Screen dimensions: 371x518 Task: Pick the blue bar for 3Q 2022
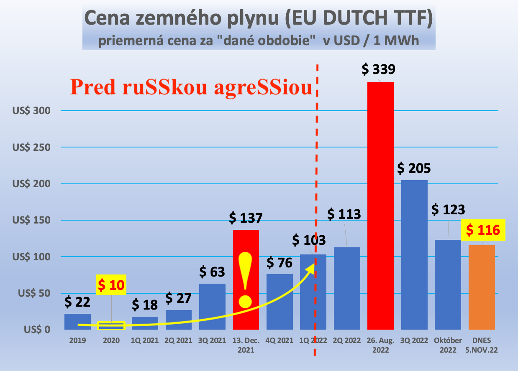414,254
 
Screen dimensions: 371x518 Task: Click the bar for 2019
77,322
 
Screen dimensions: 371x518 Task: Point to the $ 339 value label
378,69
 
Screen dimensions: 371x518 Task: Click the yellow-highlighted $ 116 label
483,230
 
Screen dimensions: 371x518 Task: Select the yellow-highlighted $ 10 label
111,285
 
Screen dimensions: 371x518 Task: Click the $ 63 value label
212,272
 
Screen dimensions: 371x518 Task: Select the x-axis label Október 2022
448,345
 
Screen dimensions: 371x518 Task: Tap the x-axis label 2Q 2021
179,341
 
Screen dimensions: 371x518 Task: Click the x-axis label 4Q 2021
280,341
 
